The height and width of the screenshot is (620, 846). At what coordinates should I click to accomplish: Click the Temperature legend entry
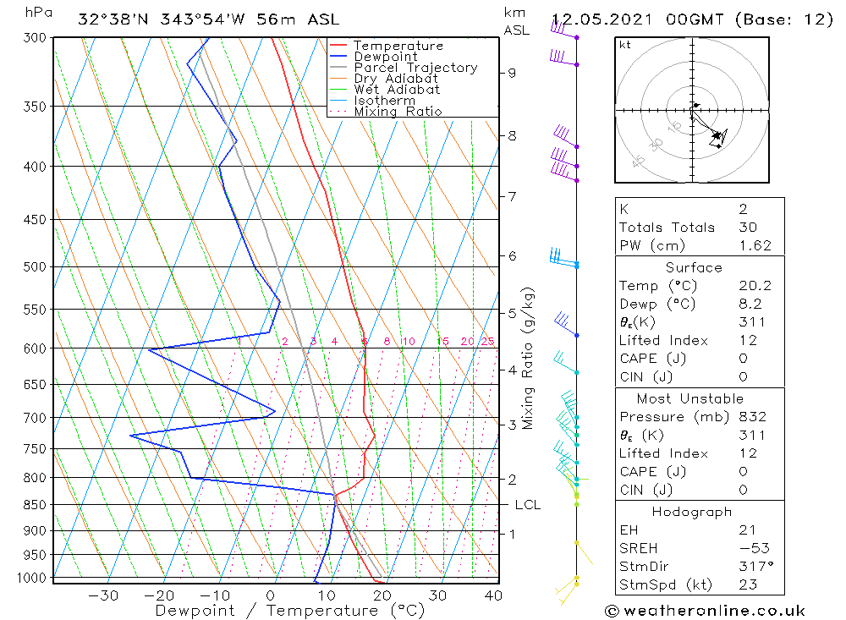(x=398, y=46)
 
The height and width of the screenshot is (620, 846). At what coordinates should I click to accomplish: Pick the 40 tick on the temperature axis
(x=493, y=595)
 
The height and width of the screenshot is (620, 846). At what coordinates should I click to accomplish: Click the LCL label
(x=527, y=505)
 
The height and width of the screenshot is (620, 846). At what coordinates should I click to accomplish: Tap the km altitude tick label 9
(x=512, y=73)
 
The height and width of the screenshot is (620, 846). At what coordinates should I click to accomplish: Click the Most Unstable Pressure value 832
(x=752, y=416)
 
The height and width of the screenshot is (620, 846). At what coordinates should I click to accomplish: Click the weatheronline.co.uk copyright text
(x=705, y=611)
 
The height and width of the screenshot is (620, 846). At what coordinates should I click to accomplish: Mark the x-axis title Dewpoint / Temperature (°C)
(x=289, y=610)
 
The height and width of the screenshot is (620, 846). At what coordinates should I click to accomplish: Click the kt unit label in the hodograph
(x=624, y=45)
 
